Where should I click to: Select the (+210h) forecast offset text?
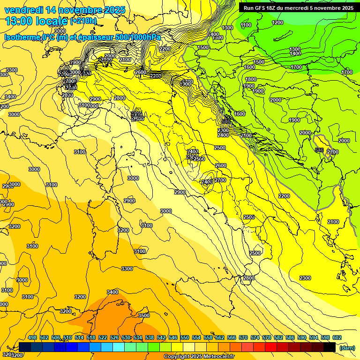[83, 21]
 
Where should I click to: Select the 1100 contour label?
[246, 25]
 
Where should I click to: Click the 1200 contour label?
[277, 22]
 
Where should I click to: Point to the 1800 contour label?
[251, 79]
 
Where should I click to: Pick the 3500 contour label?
[144, 315]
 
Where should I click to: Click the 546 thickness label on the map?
[319, 150]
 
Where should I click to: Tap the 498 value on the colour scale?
[32, 338]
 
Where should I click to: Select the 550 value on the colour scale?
[185, 338]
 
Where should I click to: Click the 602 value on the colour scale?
[337, 338]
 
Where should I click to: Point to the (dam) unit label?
[347, 347]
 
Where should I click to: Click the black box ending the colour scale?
[330, 347]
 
